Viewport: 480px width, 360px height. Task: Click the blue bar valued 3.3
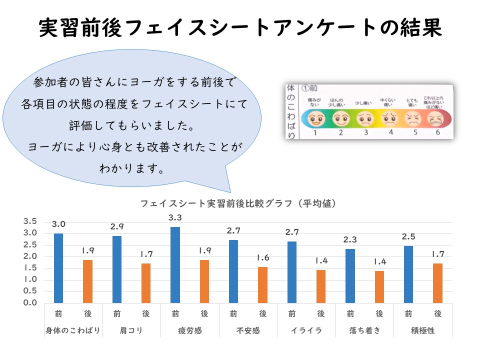point(175,264)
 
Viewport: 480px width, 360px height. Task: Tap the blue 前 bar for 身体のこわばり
point(58,268)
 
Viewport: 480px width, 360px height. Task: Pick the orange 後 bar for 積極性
point(437,283)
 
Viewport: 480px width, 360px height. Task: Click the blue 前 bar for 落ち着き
point(350,275)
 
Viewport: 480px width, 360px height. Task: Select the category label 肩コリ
point(131,330)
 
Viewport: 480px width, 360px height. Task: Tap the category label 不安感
point(248,330)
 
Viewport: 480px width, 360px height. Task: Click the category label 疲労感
point(189,330)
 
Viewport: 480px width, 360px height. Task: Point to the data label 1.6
point(263,258)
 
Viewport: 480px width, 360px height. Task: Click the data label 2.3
point(350,240)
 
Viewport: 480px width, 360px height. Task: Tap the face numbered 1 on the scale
point(316,119)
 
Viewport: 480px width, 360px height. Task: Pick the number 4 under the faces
point(390,132)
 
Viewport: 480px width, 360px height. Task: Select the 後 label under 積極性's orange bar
point(438,313)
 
